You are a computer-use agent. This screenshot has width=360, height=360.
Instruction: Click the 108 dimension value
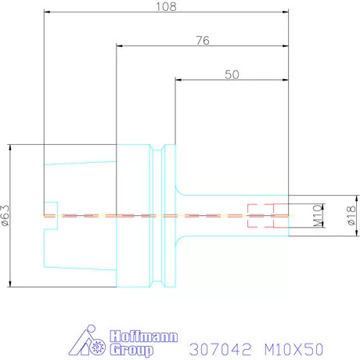coord(166,6)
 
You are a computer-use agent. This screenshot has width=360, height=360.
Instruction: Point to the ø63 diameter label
coord(5,215)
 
